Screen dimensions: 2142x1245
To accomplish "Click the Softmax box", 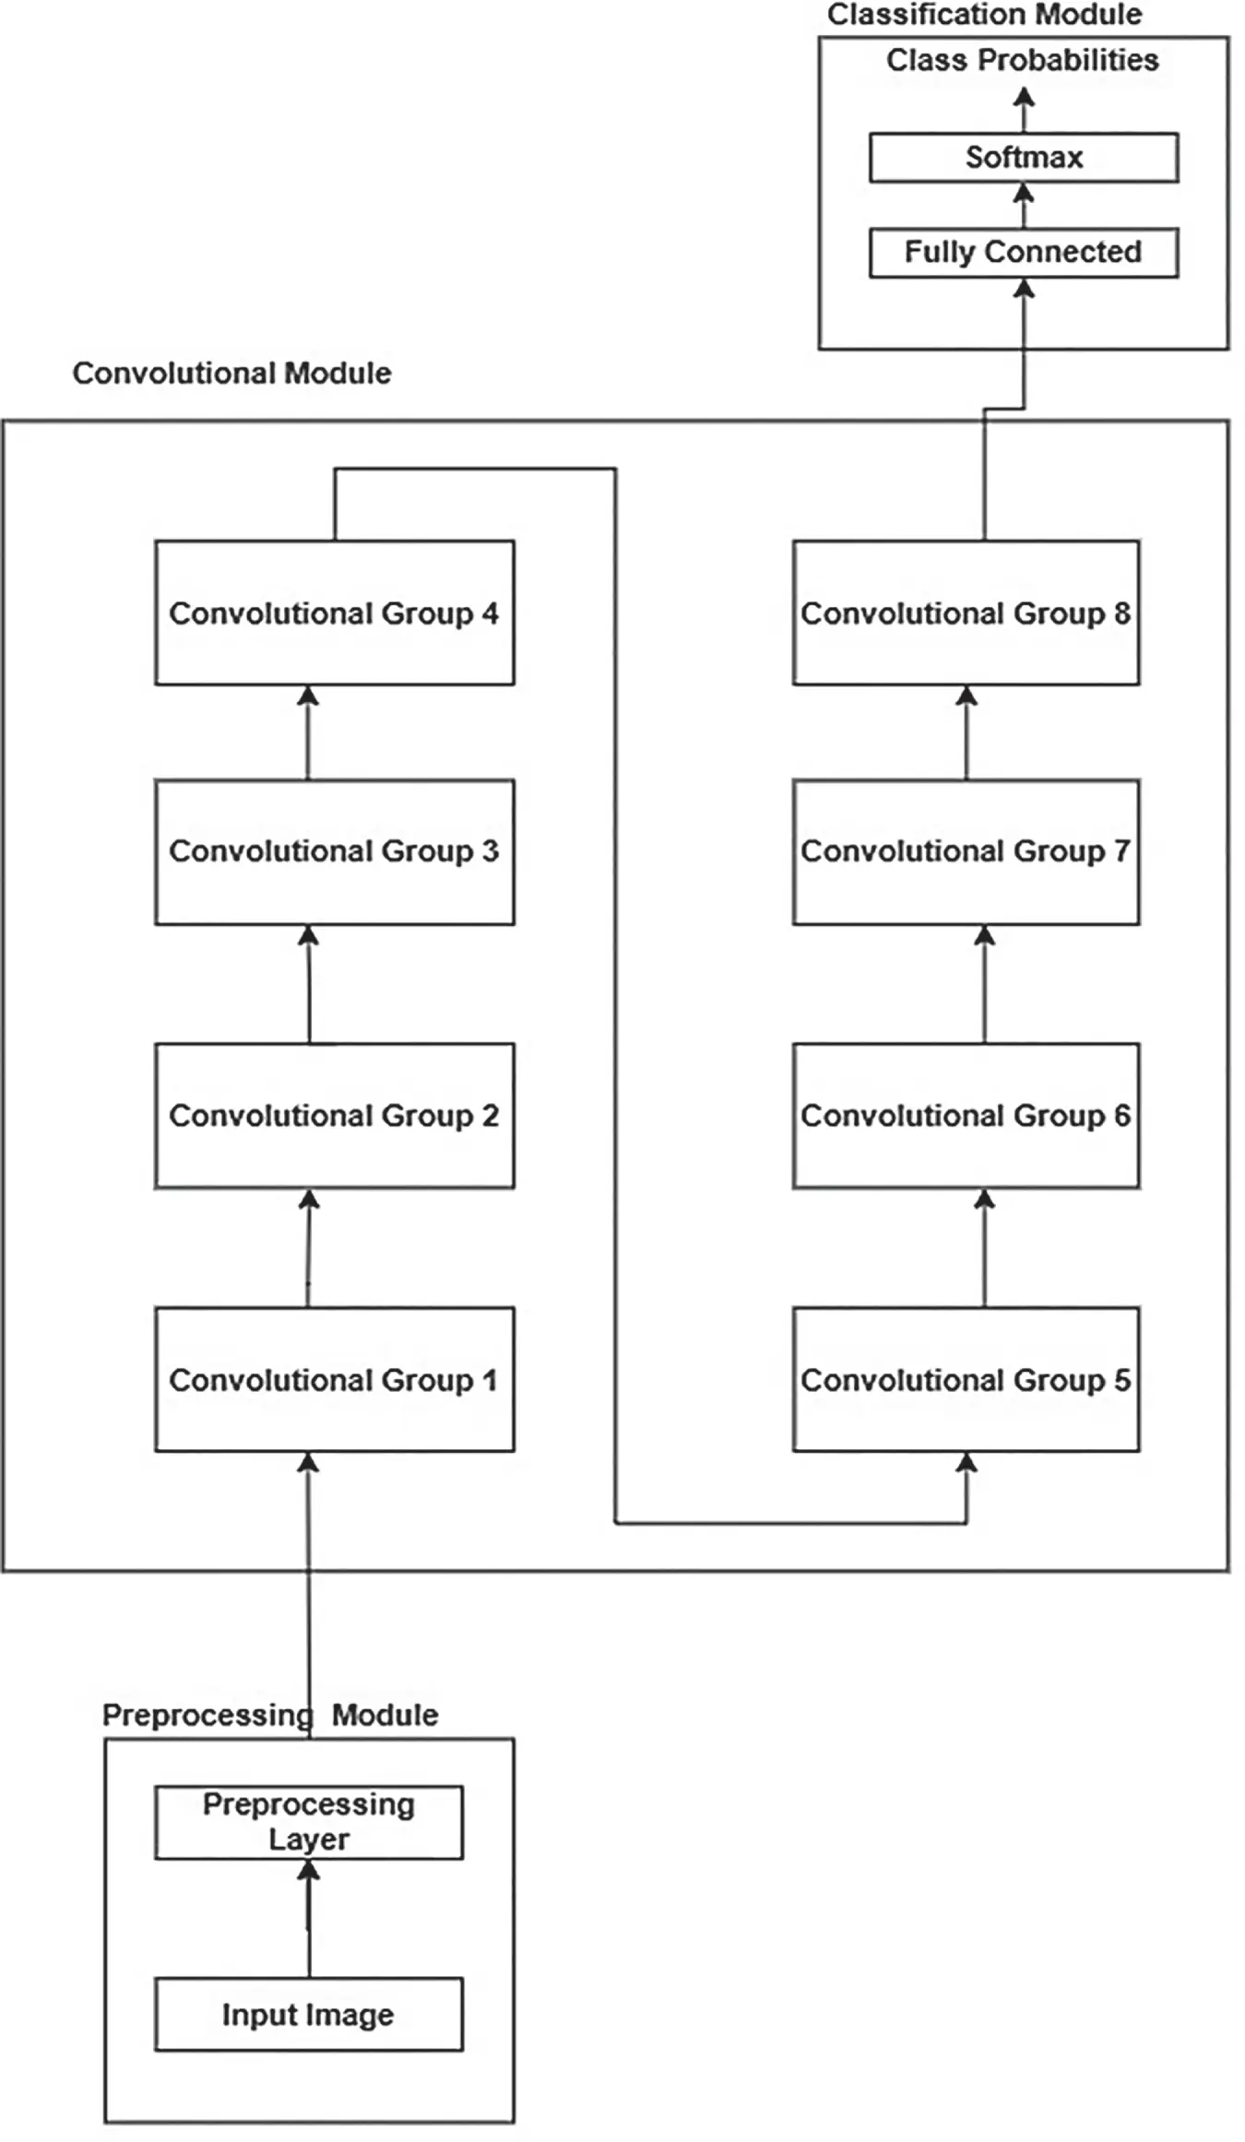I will click(x=1024, y=158).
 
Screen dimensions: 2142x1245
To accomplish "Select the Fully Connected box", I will click(x=1024, y=252).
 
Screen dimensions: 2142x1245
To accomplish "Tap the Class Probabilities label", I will click(x=1022, y=60).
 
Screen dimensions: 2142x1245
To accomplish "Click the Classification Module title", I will click(x=984, y=15).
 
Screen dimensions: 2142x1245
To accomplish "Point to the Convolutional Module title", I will click(x=231, y=373).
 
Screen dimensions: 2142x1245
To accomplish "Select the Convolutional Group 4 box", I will click(x=334, y=613).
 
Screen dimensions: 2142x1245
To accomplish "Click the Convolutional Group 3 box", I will click(x=334, y=851).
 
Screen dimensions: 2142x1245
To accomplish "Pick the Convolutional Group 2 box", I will click(x=334, y=1115).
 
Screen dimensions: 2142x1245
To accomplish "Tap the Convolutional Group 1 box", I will click(x=334, y=1379).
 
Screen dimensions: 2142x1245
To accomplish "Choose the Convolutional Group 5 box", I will click(x=966, y=1379).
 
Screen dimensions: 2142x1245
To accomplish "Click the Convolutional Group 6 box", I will click(x=966, y=1115).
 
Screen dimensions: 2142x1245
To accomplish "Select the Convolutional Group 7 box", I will click(x=966, y=851).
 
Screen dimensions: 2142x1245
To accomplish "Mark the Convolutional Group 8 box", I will click(x=966, y=613).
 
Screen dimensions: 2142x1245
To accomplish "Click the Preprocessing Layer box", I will click(x=308, y=1822).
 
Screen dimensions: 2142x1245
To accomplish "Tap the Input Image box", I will click(x=308, y=2015).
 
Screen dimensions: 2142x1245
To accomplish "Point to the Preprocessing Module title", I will click(x=269, y=1715).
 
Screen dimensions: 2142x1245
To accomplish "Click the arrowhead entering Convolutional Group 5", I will click(x=966, y=1462).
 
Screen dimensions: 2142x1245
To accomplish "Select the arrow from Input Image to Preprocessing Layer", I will click(x=309, y=1919).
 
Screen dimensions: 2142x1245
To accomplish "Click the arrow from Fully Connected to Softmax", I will click(x=1024, y=205).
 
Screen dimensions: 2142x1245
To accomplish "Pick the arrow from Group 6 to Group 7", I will click(x=985, y=984).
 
